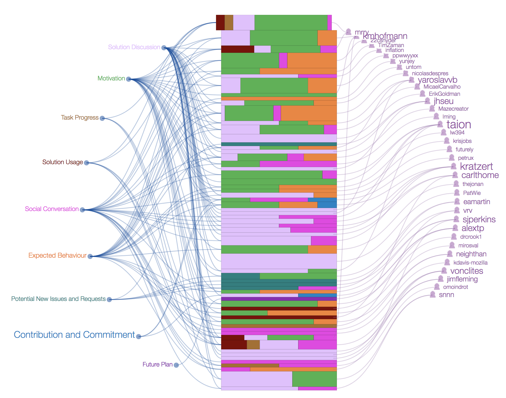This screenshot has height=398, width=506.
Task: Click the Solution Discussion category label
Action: click(134, 47)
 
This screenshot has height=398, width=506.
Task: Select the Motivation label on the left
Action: click(111, 78)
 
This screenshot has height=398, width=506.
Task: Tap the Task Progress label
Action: click(80, 118)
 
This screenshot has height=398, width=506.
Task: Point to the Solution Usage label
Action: click(62, 162)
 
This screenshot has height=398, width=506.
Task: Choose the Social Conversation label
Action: click(52, 209)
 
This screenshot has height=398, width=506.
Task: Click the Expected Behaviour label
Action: click(57, 256)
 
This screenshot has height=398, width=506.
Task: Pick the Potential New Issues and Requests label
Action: click(58, 299)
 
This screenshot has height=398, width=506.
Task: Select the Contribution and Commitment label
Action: click(74, 335)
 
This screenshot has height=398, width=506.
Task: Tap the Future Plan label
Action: click(157, 364)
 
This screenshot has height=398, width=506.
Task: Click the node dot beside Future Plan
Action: click(176, 365)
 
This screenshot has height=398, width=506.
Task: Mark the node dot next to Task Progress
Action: click(102, 118)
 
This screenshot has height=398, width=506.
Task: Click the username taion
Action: click(459, 125)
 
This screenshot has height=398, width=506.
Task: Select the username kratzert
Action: click(476, 166)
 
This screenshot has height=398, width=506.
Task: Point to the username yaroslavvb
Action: click(437, 80)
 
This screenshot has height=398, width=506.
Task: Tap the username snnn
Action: click(446, 295)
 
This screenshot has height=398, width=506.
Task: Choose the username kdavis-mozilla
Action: click(470, 263)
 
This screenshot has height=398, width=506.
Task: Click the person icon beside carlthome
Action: click(455, 175)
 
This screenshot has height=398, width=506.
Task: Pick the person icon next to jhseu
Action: click(427, 101)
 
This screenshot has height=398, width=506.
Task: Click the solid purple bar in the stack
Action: click(279, 299)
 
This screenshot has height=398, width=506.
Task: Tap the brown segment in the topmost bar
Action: click(229, 23)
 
